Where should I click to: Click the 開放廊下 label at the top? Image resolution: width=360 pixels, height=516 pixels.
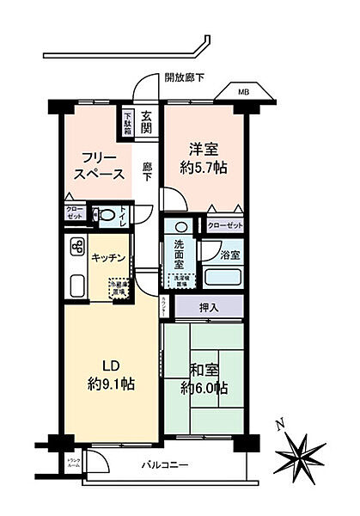[186, 77]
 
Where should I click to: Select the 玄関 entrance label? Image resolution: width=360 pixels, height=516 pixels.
[148, 123]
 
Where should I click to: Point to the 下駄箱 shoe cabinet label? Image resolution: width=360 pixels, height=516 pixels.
[127, 122]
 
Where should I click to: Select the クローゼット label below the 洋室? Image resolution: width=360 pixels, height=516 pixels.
[224, 225]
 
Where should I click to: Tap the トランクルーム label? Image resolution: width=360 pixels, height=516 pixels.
[75, 466]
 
